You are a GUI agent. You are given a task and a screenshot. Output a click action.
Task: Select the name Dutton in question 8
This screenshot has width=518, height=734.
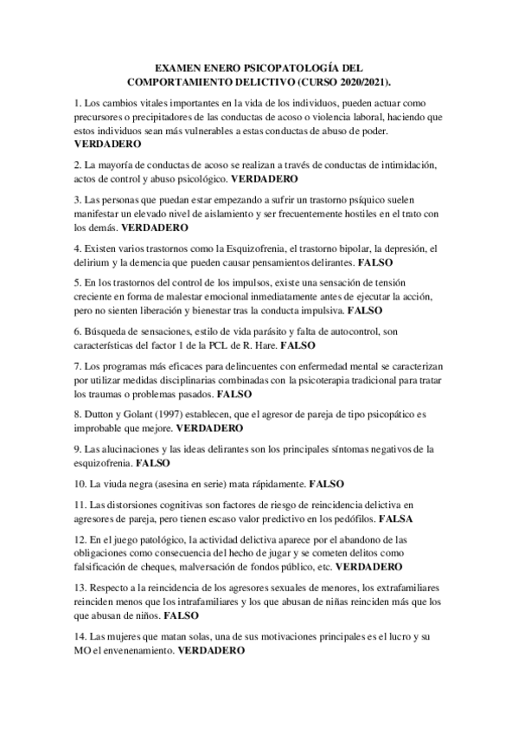100,415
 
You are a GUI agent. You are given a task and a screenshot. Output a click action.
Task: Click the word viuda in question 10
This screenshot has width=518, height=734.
118,486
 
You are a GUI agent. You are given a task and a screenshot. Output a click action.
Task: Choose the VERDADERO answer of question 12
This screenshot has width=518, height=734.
368,567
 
